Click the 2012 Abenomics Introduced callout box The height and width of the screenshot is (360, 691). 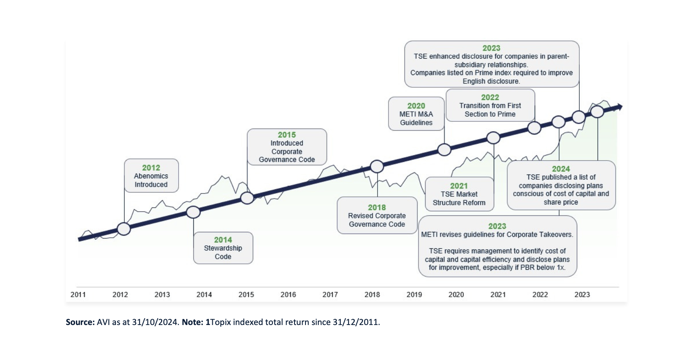(151, 176)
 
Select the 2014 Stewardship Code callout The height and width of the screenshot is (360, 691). (223, 248)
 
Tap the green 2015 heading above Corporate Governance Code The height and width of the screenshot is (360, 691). (287, 135)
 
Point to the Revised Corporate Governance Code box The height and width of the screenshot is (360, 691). (377, 215)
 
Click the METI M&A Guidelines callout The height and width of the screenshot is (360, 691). (416, 114)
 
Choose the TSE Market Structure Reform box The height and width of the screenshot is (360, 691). (459, 194)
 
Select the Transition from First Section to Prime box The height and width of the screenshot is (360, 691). (490, 105)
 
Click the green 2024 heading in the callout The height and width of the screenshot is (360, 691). (561, 169)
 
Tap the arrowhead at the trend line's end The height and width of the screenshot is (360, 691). (618, 107)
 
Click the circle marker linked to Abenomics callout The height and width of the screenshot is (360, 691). (124, 229)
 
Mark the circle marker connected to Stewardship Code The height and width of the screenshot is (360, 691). (193, 212)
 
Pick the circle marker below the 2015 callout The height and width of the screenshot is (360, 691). (247, 198)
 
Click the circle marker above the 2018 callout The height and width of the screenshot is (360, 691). (377, 167)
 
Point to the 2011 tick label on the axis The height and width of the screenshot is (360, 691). (78, 295)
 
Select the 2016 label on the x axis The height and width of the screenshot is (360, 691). (288, 295)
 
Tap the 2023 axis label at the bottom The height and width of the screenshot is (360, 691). (582, 295)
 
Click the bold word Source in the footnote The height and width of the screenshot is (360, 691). (80, 322)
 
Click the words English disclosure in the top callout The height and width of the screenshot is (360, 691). (491, 81)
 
